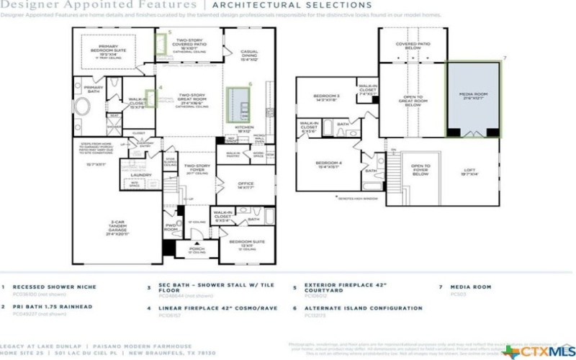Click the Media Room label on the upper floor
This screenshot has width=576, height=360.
pos(472,95)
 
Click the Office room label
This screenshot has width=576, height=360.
pos(246,184)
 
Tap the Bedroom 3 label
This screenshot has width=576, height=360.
pos(326,98)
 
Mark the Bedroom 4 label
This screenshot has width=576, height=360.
pos(329,165)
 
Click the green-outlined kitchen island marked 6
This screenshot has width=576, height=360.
pos(237,104)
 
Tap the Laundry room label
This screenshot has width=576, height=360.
pos(140,174)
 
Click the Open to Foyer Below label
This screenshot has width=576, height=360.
pos(420,170)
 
